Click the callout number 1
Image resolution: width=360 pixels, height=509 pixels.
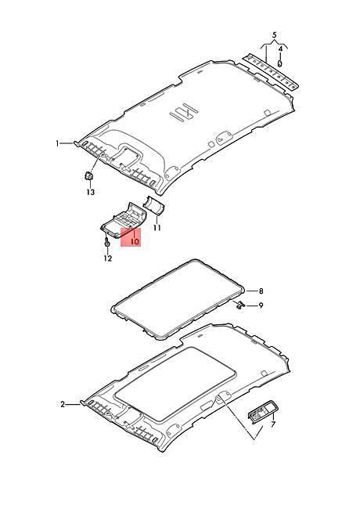pos(58,143)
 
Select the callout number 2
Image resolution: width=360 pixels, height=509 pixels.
pos(63,405)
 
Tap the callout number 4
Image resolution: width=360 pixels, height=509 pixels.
pos(281,49)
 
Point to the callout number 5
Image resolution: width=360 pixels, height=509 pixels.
pos(275,34)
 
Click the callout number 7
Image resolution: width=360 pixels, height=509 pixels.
pos(273,424)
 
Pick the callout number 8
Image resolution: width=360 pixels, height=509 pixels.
pos(261,291)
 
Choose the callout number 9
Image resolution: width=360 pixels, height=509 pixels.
pos(261,305)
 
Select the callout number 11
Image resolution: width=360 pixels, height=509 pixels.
pos(157,228)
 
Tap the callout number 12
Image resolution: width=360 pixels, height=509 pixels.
pos(108,258)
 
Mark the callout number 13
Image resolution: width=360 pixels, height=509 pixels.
pos(91,192)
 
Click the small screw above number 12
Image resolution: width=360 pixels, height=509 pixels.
pos(106,241)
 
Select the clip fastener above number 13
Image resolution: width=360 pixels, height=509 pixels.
pos(88,176)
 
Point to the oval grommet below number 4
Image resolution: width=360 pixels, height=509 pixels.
pos(280,62)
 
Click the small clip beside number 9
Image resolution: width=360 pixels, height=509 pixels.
pos(240,305)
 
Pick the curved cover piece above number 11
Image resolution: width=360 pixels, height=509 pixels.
pos(154,205)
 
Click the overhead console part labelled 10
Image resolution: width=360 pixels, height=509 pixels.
pos(123,218)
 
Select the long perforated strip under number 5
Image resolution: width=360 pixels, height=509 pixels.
pos(271,72)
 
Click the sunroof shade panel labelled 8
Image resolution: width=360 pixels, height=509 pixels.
pos(178,298)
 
